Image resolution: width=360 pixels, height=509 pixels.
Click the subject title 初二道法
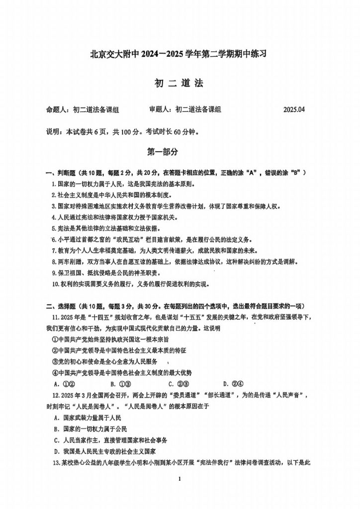(180, 84)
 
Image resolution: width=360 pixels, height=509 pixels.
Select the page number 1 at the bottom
(180, 478)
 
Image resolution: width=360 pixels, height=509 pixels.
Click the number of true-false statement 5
(53, 228)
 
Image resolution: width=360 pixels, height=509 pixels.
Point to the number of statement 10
(55, 284)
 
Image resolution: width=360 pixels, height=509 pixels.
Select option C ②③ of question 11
(178, 383)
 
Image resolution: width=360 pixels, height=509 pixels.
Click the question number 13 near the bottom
(55, 462)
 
